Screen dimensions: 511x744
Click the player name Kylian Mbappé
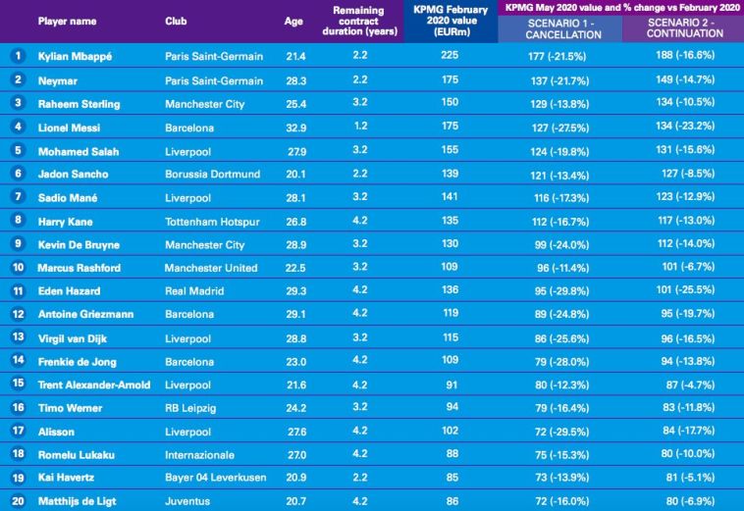74,56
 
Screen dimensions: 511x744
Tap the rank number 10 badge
17,268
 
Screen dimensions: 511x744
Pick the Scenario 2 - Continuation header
683,27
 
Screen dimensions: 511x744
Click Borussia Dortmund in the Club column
212,174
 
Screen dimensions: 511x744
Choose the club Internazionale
199,455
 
